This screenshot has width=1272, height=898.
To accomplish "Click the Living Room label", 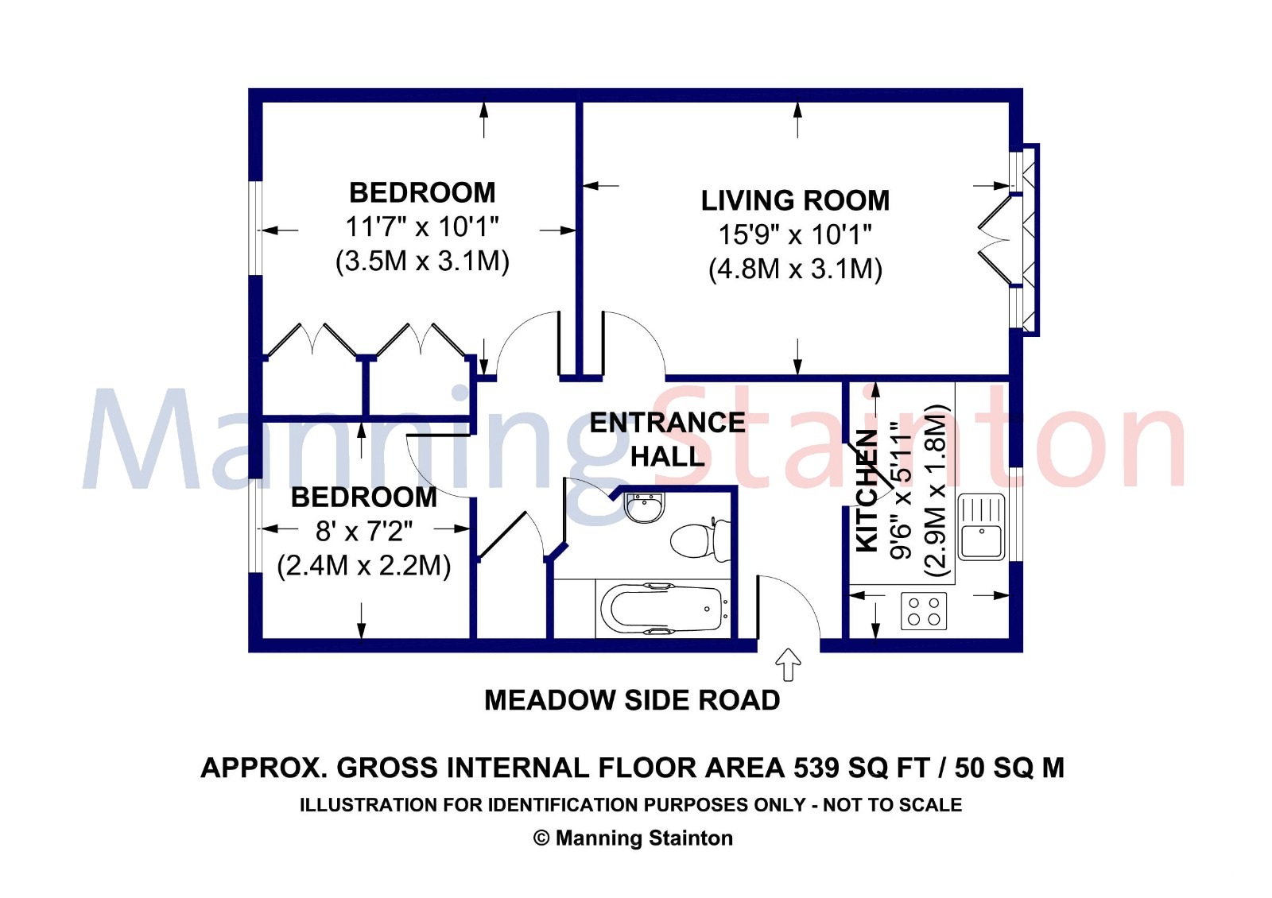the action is click(795, 200).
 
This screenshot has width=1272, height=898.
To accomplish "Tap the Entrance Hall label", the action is click(667, 439).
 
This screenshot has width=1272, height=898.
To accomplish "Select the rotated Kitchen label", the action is click(867, 490).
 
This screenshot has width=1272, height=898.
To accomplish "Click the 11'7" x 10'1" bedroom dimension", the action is click(422, 227).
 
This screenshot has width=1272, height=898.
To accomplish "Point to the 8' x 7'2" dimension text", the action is click(364, 532).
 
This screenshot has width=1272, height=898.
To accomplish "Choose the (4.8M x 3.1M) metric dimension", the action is click(795, 269).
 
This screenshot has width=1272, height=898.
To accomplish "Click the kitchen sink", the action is click(981, 527).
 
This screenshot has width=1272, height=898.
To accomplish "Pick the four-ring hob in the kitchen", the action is click(924, 611).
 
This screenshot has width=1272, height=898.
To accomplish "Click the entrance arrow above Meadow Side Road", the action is click(788, 664).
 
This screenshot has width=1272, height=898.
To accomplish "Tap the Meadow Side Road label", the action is click(632, 700).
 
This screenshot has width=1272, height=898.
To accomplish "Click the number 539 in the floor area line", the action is click(816, 768).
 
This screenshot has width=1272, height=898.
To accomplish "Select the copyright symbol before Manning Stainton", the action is click(541, 838).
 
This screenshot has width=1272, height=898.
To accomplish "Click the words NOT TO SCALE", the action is click(893, 805).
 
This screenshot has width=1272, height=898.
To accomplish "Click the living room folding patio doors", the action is click(995, 239).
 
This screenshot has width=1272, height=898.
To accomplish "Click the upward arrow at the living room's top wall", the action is click(798, 119).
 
